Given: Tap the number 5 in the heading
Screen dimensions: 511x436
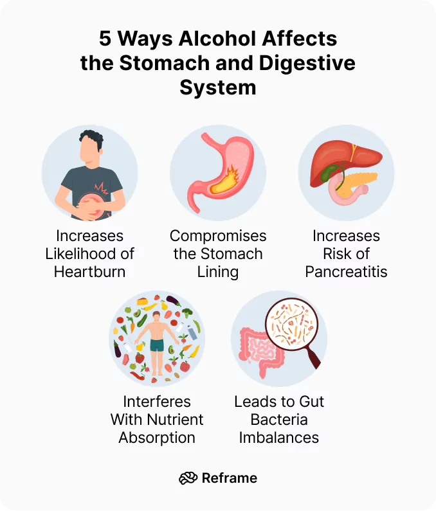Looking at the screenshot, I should point(105,39).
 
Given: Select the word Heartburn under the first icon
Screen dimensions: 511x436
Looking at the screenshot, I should point(89,271).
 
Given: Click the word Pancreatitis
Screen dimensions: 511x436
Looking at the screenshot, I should point(346,271).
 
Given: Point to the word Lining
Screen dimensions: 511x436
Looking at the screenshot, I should point(218,271).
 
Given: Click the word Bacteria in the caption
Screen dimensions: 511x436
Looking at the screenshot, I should point(279,420).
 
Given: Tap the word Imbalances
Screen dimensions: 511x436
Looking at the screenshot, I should point(279,438).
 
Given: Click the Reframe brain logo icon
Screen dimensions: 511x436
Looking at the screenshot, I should point(188,478).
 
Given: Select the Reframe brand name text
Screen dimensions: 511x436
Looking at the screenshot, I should point(230,478).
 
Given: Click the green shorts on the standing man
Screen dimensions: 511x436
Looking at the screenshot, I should point(157,345).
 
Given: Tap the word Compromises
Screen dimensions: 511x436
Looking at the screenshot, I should point(218,236).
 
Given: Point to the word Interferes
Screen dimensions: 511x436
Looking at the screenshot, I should point(157,402).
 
